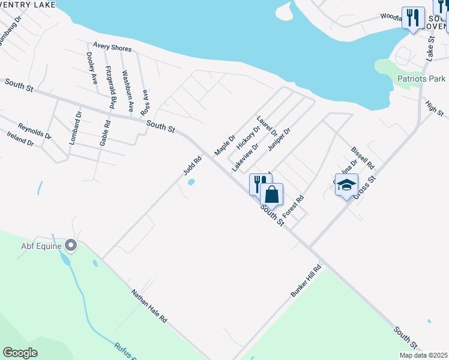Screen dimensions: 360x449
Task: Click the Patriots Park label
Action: pos(421,79)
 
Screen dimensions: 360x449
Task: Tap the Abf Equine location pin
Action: pos(71,245)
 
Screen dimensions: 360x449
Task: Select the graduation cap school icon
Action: pos(346,185)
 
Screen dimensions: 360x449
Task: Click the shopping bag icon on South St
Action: pos(271,195)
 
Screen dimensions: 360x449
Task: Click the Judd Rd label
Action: pos(191,164)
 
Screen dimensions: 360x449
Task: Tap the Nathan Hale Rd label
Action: pos(149,306)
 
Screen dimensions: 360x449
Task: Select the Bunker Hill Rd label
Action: pos(306,280)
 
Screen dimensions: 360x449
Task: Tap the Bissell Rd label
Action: pos(363,158)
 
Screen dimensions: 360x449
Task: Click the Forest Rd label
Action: pos(294,206)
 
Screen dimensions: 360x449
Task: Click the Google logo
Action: pos(20,352)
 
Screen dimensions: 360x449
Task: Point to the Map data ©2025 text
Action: pos(423,355)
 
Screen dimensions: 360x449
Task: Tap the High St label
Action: pos(435,109)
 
